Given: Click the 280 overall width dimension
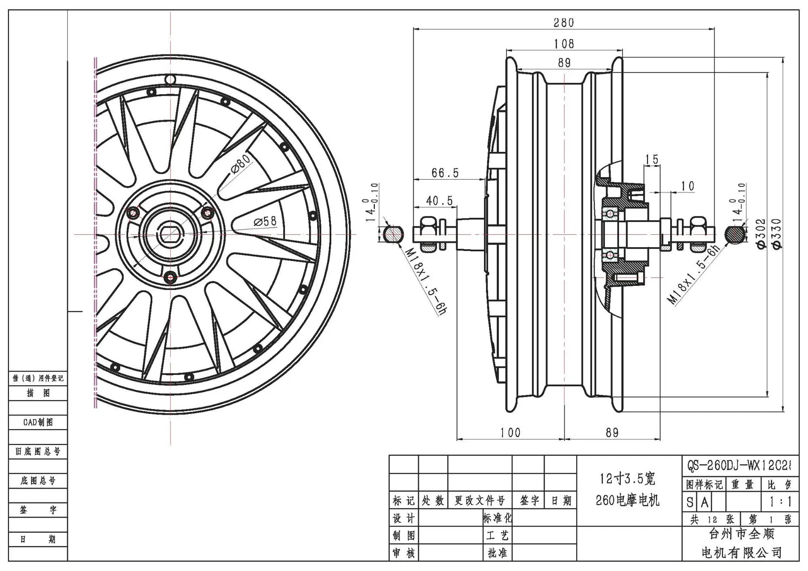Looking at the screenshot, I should [x=564, y=23].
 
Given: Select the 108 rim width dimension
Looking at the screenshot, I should [x=564, y=44].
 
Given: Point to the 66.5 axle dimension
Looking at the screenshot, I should [x=445, y=173].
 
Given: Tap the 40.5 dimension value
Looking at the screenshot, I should [x=440, y=201].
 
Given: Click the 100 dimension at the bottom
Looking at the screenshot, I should [x=510, y=433].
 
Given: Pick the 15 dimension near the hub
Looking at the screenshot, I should [x=652, y=159].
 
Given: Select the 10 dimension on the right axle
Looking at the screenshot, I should [x=688, y=186].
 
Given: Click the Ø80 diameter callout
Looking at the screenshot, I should [x=241, y=164].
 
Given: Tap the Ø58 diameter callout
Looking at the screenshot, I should [x=265, y=221].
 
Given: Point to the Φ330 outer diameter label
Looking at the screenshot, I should [x=776, y=234].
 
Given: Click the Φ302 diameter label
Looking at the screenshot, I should [x=760, y=234].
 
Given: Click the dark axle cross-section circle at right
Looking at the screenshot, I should [x=735, y=235].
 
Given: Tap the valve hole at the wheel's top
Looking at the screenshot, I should [x=170, y=80].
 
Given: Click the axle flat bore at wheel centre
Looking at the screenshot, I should [x=170, y=235].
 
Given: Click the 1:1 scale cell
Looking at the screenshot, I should [x=780, y=502].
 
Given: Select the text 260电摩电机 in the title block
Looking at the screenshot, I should [x=627, y=501].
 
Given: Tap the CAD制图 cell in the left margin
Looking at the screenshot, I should [x=38, y=422].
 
